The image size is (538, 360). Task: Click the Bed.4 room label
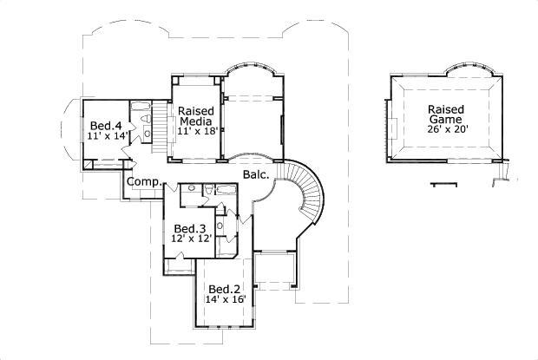(102, 125)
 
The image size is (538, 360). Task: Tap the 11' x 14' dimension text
(106, 136)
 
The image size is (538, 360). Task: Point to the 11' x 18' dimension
(197, 131)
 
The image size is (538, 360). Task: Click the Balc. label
(257, 175)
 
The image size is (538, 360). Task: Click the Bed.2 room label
(224, 289)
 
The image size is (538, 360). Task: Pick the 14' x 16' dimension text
(226, 300)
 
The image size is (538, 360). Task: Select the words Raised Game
(445, 115)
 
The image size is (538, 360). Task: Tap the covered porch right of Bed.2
(277, 276)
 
